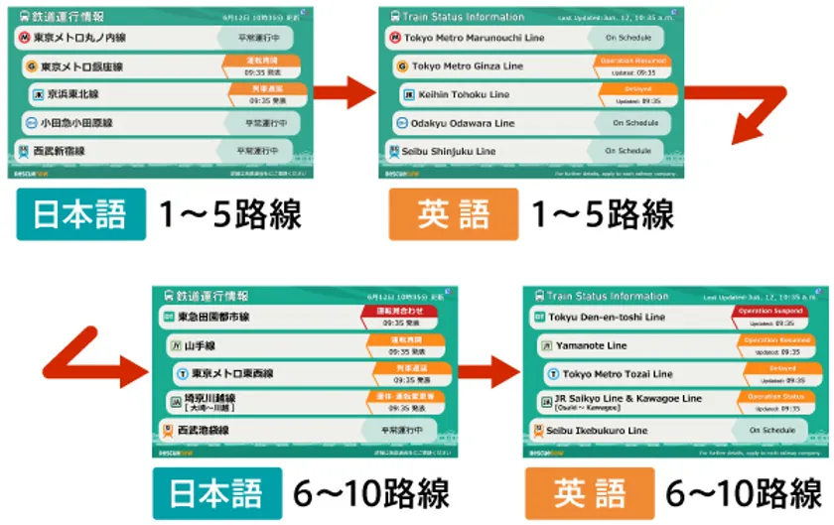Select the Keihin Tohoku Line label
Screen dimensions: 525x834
point(471,94)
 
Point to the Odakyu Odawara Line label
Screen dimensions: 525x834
point(463,123)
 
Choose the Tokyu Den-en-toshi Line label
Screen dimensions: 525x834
point(607,318)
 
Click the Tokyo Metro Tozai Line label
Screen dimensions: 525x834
point(617,374)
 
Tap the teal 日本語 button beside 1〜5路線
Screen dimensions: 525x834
point(81,214)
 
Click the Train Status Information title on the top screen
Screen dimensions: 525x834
point(465,17)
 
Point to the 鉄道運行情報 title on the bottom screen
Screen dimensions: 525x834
point(212,297)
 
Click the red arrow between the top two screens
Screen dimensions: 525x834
point(344,94)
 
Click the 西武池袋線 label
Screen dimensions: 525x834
point(204,431)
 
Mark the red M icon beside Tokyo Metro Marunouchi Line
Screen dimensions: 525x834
point(395,38)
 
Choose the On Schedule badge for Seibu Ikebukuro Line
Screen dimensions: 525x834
point(772,431)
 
